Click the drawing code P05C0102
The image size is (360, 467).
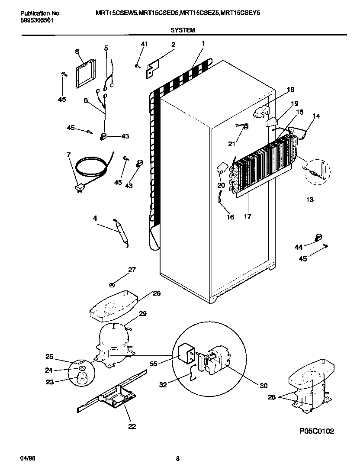click(316, 431)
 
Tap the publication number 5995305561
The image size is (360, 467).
click(37, 20)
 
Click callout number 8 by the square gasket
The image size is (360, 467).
click(77, 52)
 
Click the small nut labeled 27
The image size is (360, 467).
click(111, 284)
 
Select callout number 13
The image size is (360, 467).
click(309, 200)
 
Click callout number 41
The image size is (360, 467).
click(145, 44)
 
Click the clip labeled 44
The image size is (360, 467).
click(318, 237)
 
